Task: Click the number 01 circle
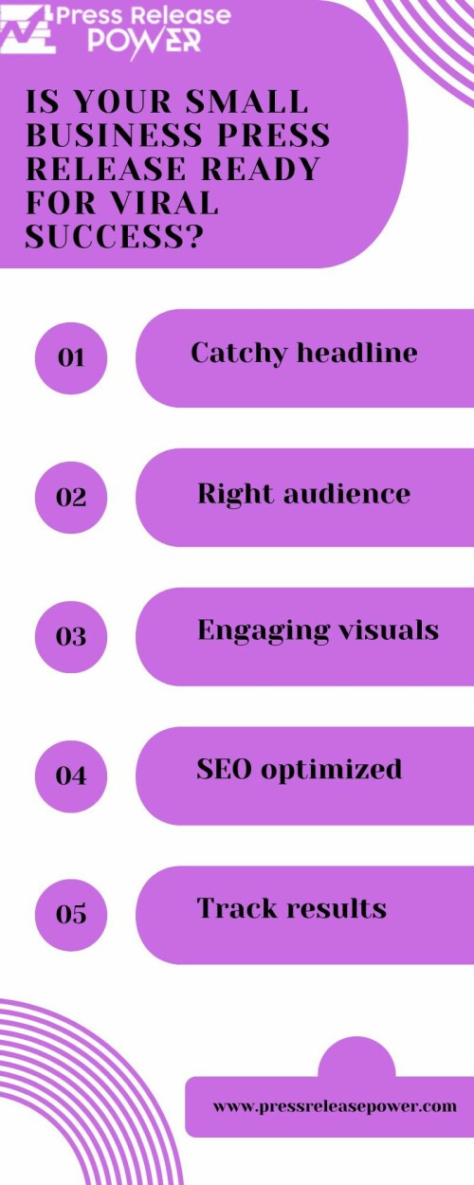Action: (71, 358)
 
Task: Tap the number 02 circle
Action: (71, 498)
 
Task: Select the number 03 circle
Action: (71, 636)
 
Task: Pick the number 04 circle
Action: (71, 776)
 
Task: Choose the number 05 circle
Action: (71, 915)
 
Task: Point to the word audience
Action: (347, 494)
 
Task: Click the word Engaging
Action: (263, 631)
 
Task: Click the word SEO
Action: (225, 769)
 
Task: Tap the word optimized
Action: (332, 771)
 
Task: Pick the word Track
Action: (236, 908)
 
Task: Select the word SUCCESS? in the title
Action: (115, 236)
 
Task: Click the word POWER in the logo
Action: (144, 40)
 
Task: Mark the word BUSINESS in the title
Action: (114, 135)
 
